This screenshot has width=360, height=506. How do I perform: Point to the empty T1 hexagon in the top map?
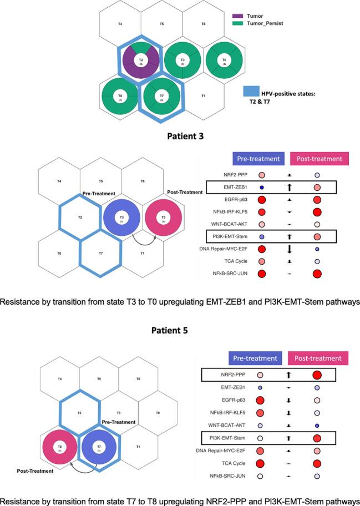coord(203,96)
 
